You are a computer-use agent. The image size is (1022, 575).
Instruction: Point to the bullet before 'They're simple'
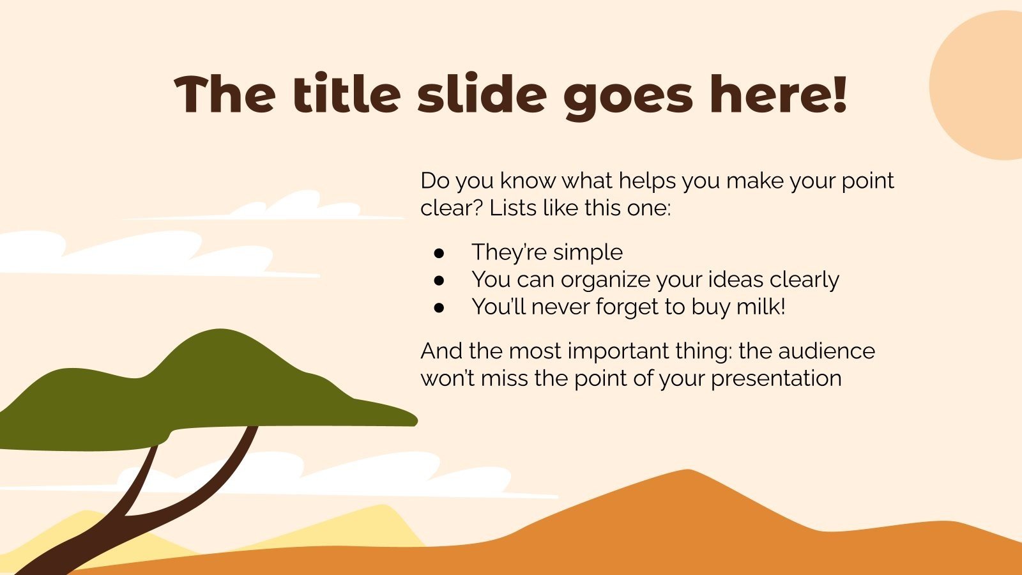pyautogui.click(x=439, y=253)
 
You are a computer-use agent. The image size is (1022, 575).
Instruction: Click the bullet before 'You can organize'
pyautogui.click(x=439, y=280)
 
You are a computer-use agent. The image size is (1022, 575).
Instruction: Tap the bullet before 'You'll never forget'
pyautogui.click(x=439, y=308)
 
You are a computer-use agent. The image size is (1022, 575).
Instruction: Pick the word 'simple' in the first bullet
pyautogui.click(x=588, y=253)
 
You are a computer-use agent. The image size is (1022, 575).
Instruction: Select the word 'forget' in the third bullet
pyautogui.click(x=628, y=307)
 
